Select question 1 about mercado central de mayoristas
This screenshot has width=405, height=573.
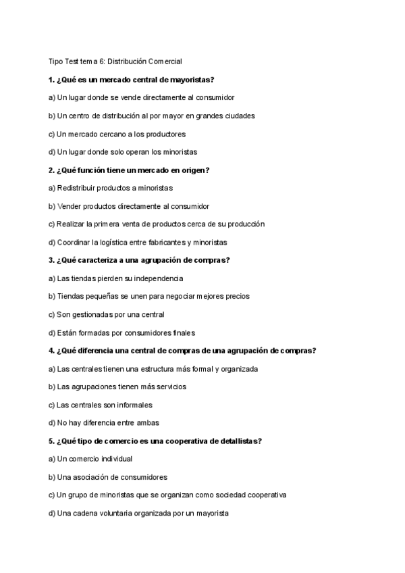[x=131, y=80]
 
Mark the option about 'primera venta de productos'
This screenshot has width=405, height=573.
[x=156, y=224]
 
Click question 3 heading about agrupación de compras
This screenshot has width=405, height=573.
[x=139, y=260]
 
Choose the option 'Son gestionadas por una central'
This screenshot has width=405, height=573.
[x=107, y=314]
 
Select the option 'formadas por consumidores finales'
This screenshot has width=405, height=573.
[x=122, y=332]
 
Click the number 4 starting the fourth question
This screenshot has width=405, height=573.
[x=51, y=350]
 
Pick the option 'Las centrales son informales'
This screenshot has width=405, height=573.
[x=101, y=405]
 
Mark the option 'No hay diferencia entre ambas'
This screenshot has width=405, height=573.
[x=104, y=423]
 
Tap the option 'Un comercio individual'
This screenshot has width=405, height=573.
[x=90, y=459]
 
